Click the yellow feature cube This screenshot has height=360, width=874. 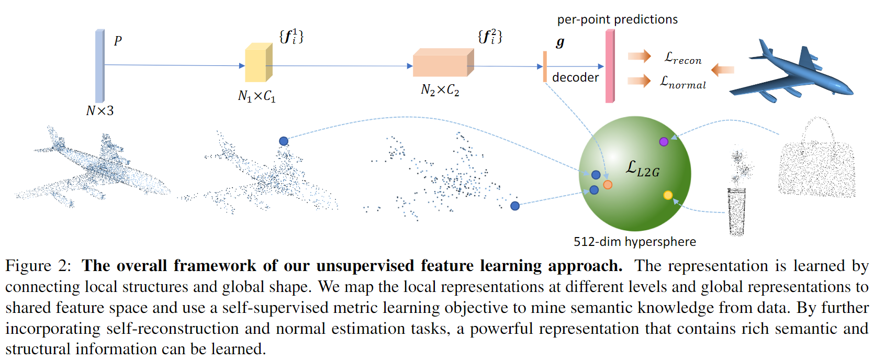(258, 63)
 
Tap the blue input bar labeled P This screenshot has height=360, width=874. (99, 65)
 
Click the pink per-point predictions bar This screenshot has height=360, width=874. (610, 66)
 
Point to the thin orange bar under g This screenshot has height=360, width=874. (545, 66)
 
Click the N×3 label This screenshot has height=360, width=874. (99, 110)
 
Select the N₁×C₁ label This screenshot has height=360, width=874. (256, 96)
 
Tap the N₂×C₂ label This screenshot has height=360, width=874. (440, 91)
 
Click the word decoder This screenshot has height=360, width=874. (575, 77)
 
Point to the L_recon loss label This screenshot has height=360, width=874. (683, 58)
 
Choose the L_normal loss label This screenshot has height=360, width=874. (683, 82)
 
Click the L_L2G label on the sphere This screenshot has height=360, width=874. (643, 168)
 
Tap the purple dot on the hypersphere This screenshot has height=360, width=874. (664, 141)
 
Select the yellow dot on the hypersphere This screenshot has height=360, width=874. (668, 195)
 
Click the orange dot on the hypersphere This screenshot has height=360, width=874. (608, 185)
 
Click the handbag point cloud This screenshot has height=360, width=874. (816, 162)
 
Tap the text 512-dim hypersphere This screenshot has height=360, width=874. (634, 242)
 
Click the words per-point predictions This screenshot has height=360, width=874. (617, 20)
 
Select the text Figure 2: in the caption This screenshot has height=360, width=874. (38, 266)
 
